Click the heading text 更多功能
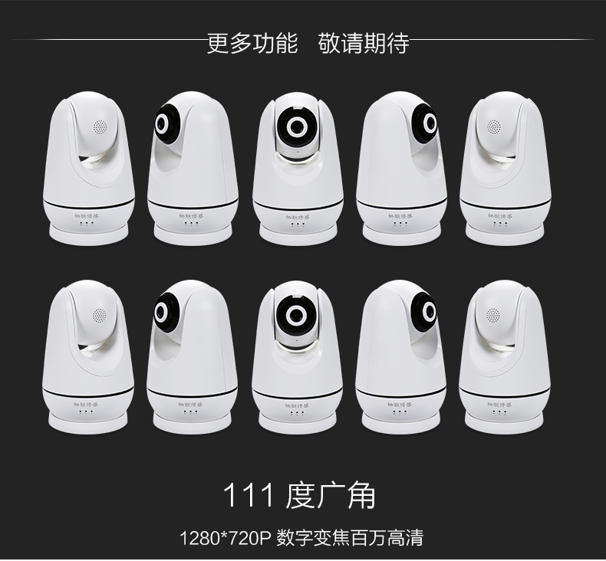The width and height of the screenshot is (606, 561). (252, 42)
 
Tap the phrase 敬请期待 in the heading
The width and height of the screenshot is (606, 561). (363, 42)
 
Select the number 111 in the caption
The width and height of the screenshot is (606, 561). (248, 496)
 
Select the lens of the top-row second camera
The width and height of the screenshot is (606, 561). (165, 123)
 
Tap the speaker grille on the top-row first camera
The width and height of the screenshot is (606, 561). (98, 126)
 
